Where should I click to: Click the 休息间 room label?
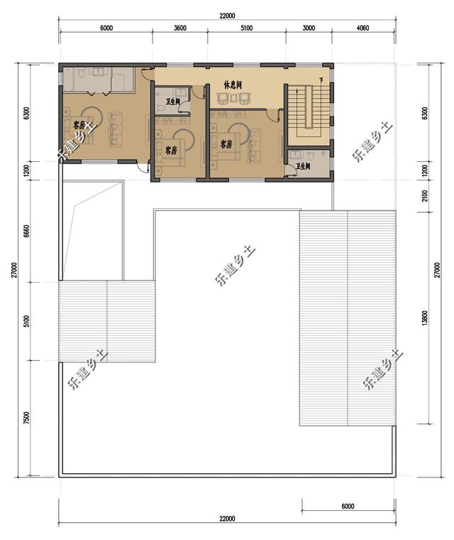point(233,85)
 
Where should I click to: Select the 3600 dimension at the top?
point(180,28)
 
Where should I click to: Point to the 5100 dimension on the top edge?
point(246,28)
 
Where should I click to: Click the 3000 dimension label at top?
point(309,28)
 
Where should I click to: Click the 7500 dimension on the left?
point(26,418)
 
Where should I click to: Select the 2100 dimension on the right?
point(424,195)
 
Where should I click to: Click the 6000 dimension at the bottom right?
point(347,506)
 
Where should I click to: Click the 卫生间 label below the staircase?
point(304,166)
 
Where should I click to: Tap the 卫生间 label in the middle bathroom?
point(172,101)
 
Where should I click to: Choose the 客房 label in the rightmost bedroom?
point(226,144)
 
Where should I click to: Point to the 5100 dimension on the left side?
point(26,321)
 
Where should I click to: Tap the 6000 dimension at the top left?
point(106,28)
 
